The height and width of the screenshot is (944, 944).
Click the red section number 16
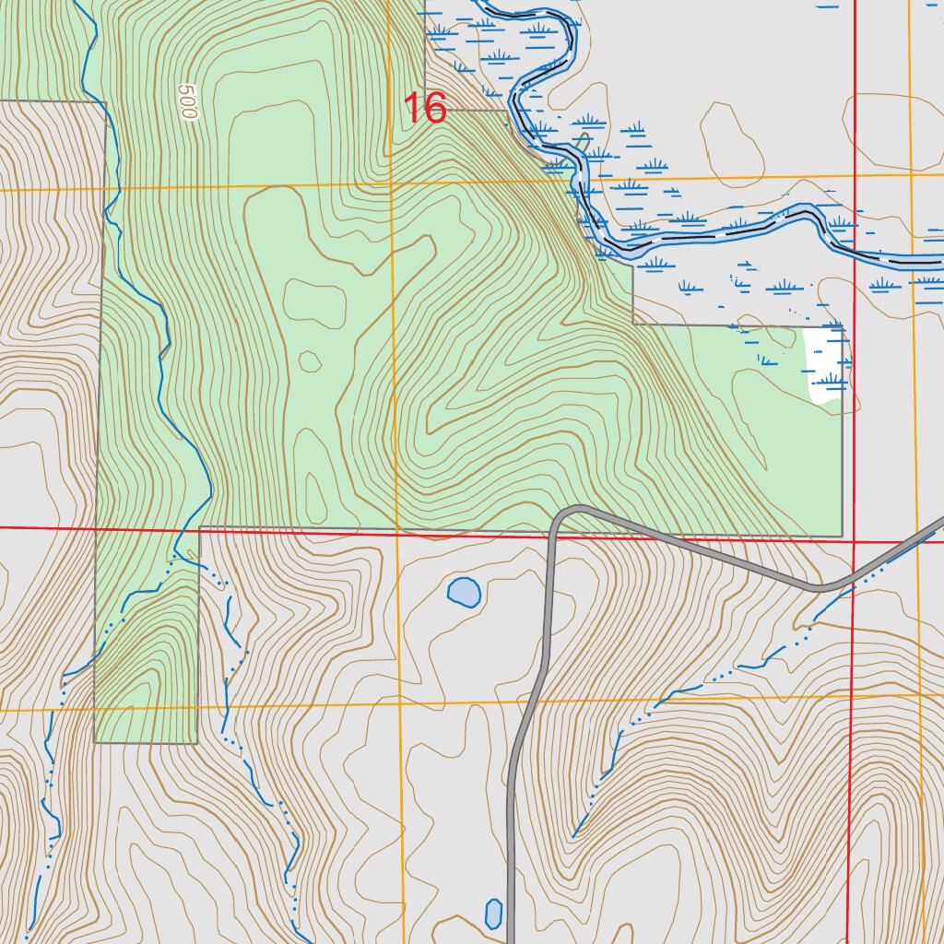(426, 109)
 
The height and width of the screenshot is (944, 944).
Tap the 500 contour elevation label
(188, 103)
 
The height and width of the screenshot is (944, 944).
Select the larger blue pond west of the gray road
(464, 592)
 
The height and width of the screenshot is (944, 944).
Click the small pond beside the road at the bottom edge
(494, 913)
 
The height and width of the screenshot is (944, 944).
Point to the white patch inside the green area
(826, 365)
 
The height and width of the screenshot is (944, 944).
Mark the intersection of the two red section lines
(854, 542)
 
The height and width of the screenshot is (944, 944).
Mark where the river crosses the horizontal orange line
(577, 180)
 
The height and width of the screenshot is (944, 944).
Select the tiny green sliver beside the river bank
(584, 143)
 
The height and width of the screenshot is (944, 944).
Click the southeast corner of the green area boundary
(842, 536)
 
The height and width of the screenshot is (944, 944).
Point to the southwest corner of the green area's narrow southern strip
(95, 742)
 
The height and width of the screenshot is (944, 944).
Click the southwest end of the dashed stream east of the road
(573, 835)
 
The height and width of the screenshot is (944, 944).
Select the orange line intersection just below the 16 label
(391, 183)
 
